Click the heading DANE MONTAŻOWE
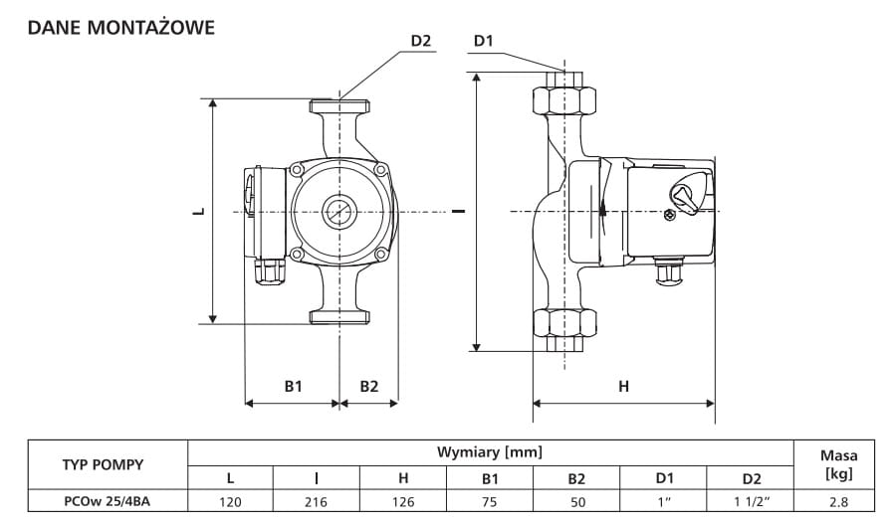pyautogui.click(x=121, y=27)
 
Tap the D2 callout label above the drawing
pyautogui.click(x=421, y=41)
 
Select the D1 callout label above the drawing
pyautogui.click(x=483, y=41)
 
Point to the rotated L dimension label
pyautogui.click(x=199, y=211)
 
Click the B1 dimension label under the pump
pyautogui.click(x=293, y=387)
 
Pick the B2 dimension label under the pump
pyautogui.click(x=369, y=387)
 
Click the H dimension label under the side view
pyautogui.click(x=623, y=387)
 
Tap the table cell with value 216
pyautogui.click(x=316, y=502)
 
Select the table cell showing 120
pyautogui.click(x=230, y=502)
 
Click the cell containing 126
pyautogui.click(x=403, y=502)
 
